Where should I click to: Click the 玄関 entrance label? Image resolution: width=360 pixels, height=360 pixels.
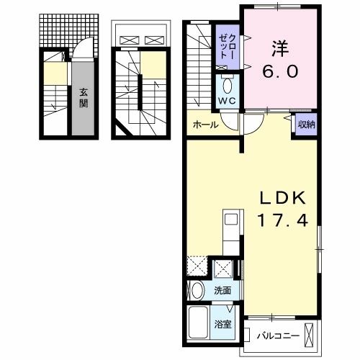(x=83, y=97)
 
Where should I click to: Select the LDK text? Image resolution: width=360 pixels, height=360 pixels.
(x=283, y=198)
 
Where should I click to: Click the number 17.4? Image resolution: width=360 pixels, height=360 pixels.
(x=283, y=221)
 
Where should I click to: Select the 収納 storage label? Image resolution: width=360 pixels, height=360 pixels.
(x=306, y=125)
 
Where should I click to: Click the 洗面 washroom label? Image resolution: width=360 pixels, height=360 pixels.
(x=222, y=291)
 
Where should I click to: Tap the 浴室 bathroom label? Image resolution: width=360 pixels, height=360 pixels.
(x=222, y=323)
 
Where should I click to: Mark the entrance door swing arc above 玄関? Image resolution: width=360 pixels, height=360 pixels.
(x=81, y=56)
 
